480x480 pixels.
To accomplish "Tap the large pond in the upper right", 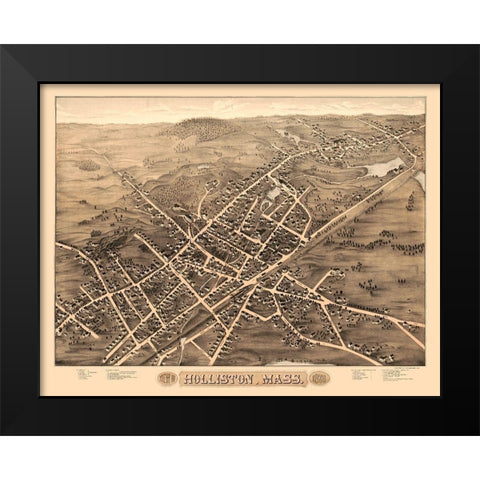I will coord(384,167).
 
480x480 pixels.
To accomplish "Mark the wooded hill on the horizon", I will coord(205,127).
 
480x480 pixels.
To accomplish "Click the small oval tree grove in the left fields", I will coord(89,164).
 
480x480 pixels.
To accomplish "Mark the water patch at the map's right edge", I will coord(420,180).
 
